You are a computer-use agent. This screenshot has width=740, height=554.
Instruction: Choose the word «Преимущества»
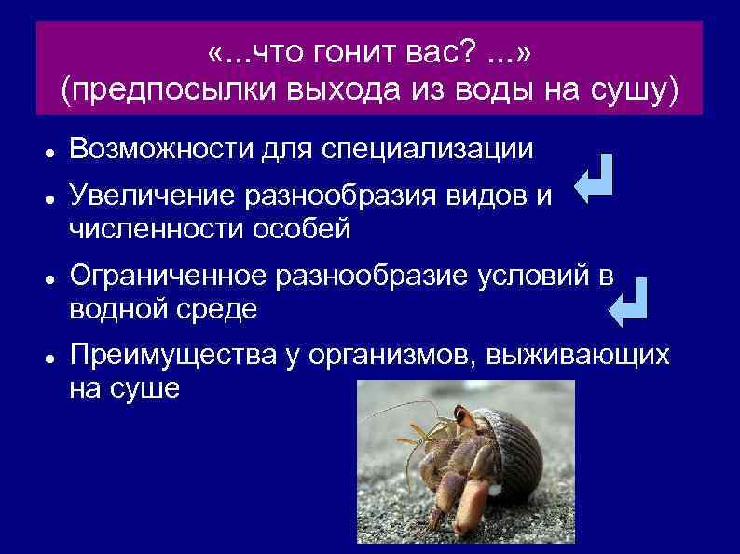click(168, 356)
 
